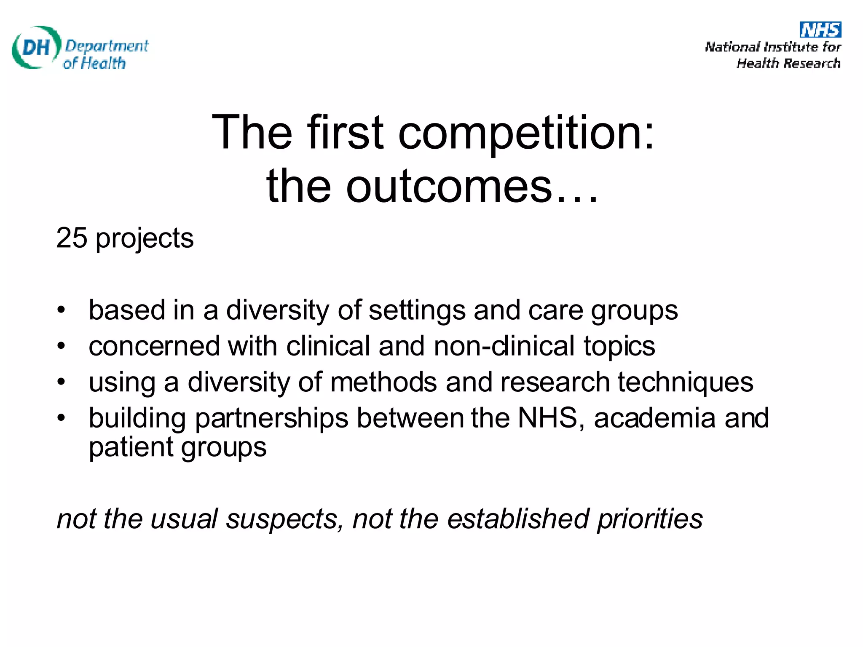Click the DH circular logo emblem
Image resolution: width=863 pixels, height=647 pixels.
(x=36, y=47)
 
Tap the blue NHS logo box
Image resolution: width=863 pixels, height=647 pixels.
(x=820, y=29)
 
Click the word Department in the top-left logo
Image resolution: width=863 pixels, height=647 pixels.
(x=107, y=45)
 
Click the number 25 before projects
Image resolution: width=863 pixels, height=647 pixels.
(x=72, y=238)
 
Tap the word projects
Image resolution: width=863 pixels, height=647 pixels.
(x=145, y=239)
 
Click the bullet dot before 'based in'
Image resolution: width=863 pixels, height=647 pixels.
(x=62, y=310)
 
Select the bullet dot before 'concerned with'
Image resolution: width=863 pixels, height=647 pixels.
(x=62, y=346)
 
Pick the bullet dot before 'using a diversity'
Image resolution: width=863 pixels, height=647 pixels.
(x=62, y=382)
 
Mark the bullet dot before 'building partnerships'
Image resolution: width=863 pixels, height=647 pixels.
(x=62, y=418)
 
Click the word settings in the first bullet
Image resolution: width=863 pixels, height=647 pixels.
(x=417, y=311)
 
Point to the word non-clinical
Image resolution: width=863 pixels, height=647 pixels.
(x=504, y=346)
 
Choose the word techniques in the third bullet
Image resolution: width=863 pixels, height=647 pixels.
(x=686, y=383)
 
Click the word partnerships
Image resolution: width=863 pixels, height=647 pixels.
(x=272, y=419)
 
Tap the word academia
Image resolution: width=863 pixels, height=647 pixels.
(x=654, y=418)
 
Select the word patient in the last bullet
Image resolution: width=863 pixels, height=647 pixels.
(x=131, y=447)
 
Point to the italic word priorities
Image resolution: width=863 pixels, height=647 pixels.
(x=650, y=519)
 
